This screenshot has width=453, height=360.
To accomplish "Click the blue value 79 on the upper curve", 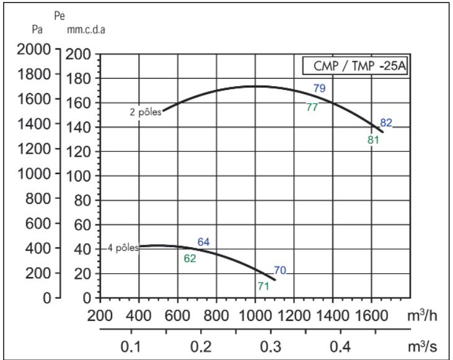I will point(319,88).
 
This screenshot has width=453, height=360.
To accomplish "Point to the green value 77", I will point(312,107).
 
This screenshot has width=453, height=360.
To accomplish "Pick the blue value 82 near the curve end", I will point(386,123).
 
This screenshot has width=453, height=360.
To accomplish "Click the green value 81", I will point(373,139).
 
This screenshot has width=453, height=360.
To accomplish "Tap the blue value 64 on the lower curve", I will point(205,242).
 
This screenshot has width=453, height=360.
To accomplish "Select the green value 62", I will point(190,258).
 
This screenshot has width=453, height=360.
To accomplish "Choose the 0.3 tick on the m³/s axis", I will point(268,345).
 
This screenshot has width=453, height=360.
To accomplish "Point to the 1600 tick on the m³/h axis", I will point(371,316).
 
